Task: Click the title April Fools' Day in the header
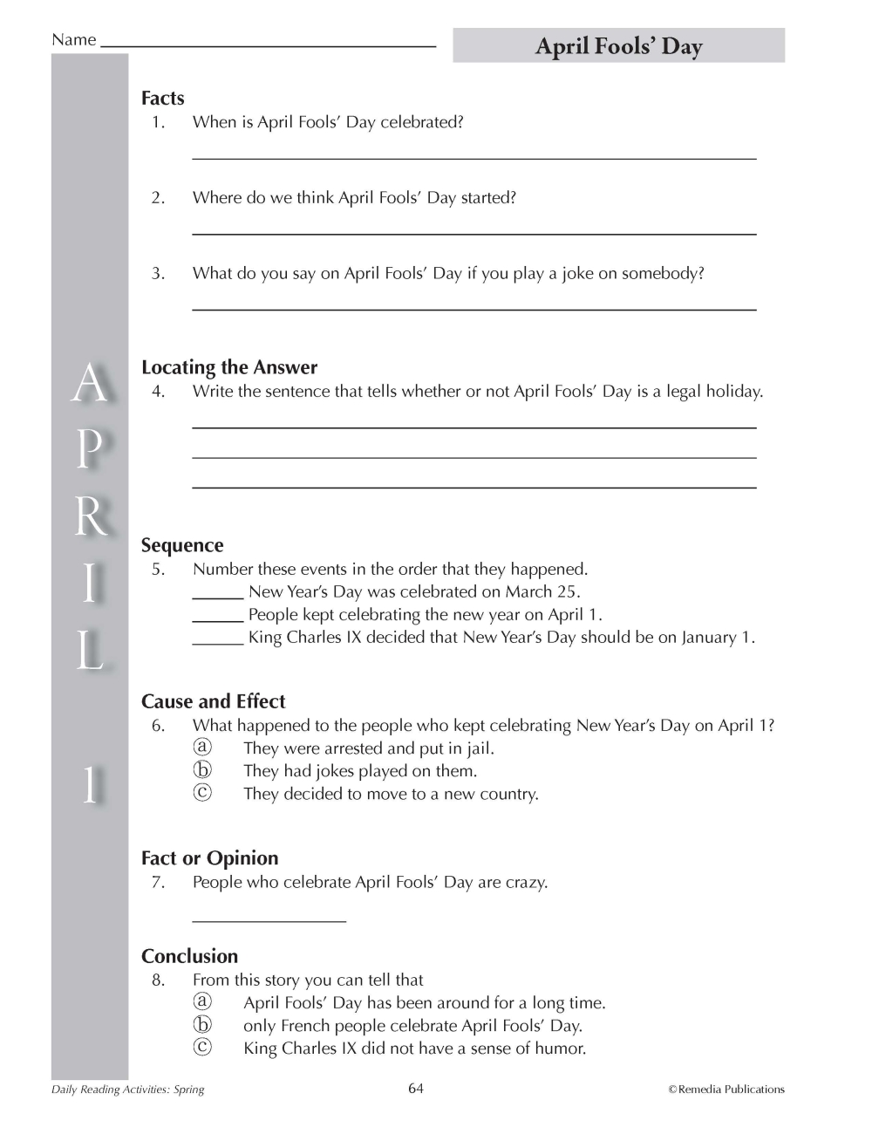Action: tap(618, 46)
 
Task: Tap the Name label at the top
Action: tap(73, 40)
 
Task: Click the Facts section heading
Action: tap(163, 99)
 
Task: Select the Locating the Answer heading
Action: tap(229, 367)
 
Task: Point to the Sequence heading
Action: tap(182, 545)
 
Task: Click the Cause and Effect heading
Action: tap(213, 701)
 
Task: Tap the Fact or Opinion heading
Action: tap(209, 858)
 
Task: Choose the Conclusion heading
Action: tap(189, 956)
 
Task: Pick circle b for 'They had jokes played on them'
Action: tap(202, 770)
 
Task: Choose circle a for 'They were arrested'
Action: tap(202, 748)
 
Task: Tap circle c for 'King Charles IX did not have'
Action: tap(202, 1048)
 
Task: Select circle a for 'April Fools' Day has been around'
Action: tap(202, 1002)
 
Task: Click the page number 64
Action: tap(416, 1088)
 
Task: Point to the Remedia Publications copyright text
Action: tap(726, 1089)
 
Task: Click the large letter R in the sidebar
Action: tap(89, 519)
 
